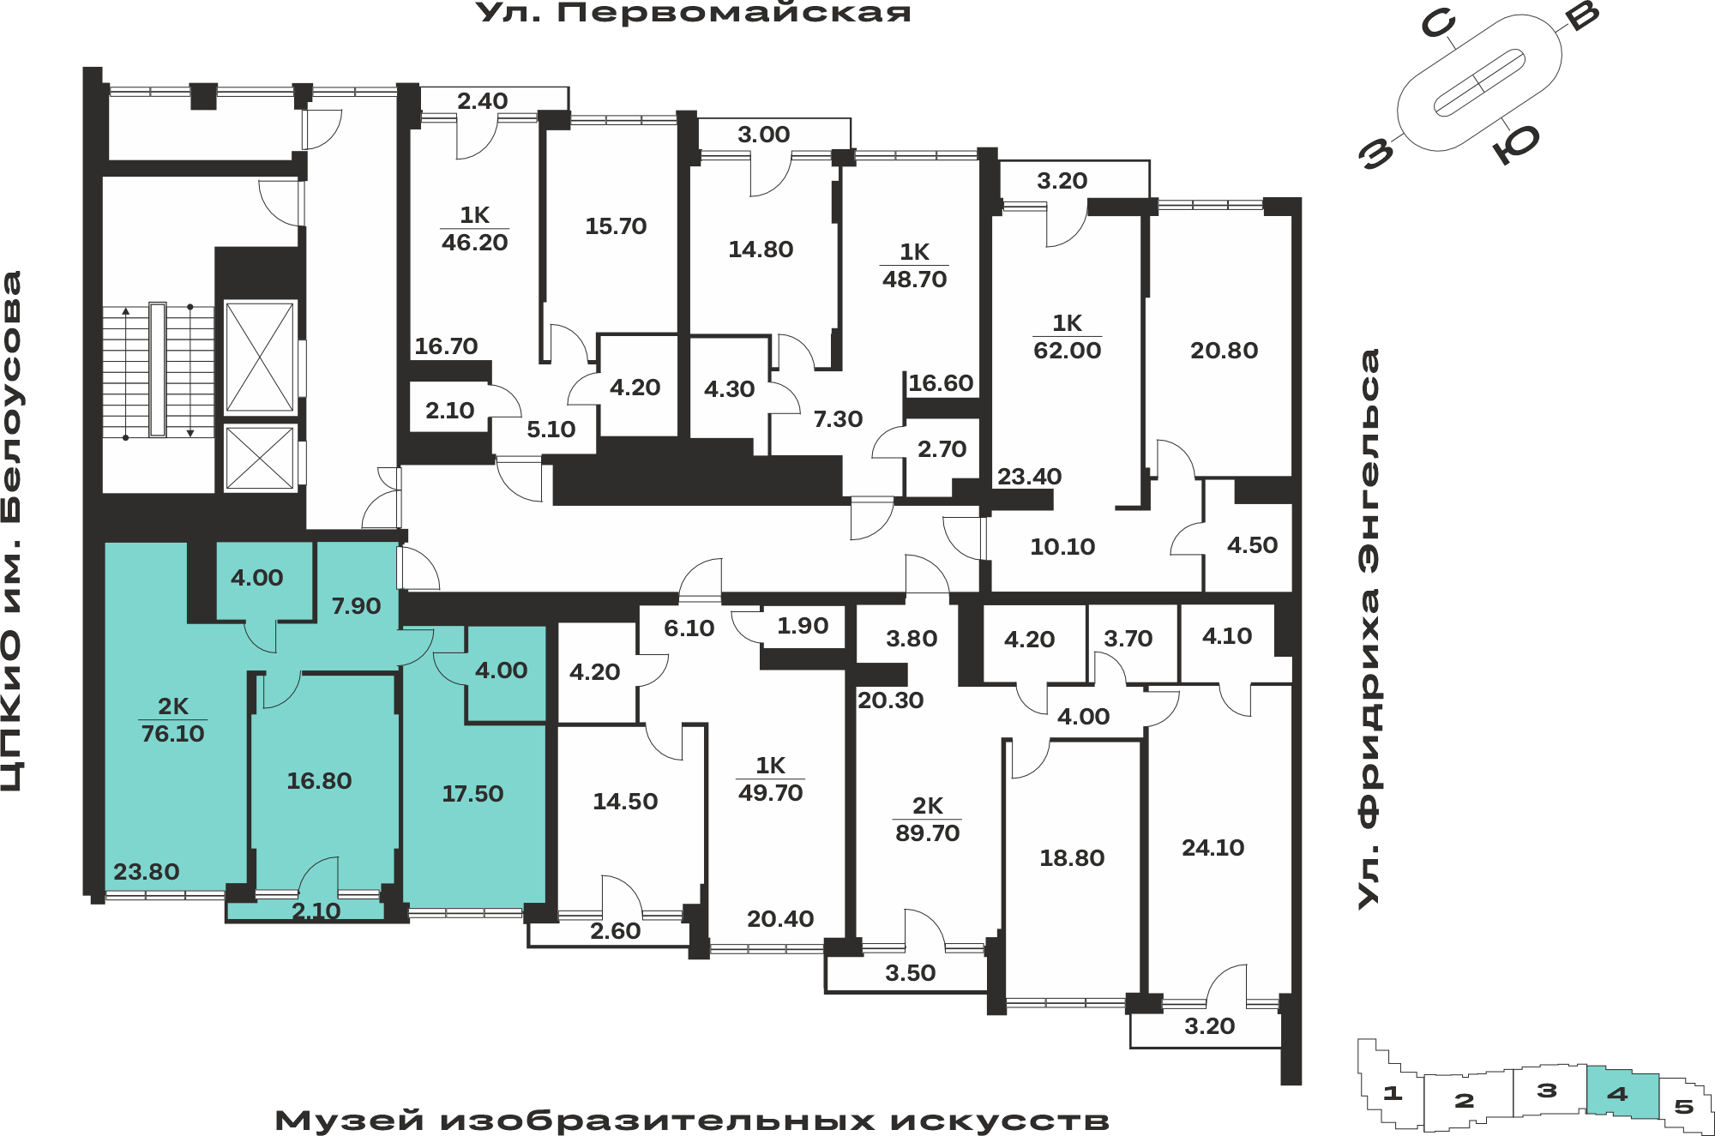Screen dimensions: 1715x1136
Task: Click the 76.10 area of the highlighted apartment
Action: coord(173,734)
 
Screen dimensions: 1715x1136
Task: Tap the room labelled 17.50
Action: coord(472,794)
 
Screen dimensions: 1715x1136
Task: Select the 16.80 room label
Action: coord(319,781)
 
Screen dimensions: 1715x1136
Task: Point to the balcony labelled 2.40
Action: coord(482,101)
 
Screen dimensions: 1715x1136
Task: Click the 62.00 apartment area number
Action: coord(1068,351)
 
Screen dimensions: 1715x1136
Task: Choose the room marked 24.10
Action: coord(1213,848)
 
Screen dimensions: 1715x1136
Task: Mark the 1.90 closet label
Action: coord(803,626)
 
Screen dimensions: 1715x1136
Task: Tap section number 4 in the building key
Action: coord(1617,1094)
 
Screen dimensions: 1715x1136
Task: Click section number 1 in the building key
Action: coord(1393,1093)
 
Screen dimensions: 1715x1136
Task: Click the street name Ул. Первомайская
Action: coord(694,13)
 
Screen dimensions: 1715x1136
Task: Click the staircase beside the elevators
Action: coord(158,370)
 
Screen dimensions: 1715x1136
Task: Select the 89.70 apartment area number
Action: coord(928,833)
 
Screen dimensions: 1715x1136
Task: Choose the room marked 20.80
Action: coord(1224,351)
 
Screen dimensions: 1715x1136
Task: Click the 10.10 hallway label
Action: coord(1062,547)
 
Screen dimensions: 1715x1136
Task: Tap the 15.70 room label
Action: coord(616,226)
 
